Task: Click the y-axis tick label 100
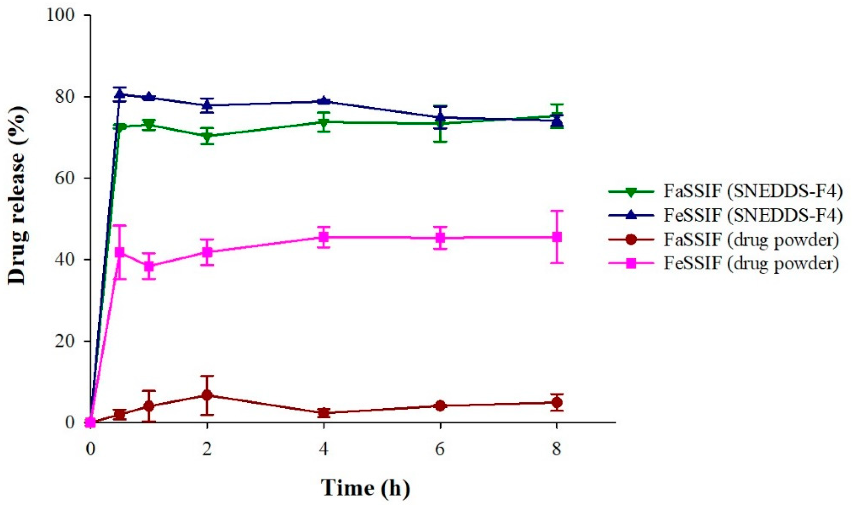coord(64,15)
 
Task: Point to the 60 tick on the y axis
coord(68,178)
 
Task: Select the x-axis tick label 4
coord(324,449)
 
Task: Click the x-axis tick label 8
coord(557,449)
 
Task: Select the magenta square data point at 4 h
coord(324,237)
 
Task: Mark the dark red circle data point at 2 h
coord(207,395)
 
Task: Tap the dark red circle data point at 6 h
coord(440,406)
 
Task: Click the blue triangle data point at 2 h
coord(207,105)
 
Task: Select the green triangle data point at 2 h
coord(207,136)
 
